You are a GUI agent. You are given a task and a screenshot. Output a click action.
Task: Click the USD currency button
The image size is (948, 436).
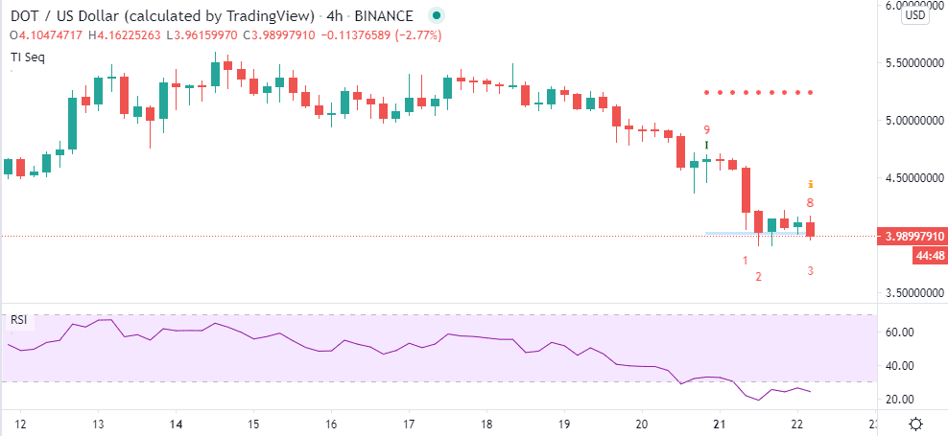(915, 15)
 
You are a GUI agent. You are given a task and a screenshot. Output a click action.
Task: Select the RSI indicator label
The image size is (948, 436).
(18, 319)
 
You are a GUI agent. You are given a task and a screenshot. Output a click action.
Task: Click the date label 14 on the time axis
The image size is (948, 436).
(176, 424)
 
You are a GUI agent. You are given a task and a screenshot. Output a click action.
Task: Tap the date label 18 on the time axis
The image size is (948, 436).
(486, 424)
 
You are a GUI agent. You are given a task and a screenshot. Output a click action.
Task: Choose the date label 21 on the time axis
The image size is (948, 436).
(720, 424)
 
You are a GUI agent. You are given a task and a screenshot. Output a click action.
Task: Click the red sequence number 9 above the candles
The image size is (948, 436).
(706, 129)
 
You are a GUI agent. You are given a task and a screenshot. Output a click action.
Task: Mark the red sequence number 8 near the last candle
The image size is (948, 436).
(810, 203)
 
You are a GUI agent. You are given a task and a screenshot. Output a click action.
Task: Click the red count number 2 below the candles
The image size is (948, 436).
(758, 277)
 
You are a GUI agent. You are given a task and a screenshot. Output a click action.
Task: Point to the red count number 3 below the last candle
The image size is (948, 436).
(810, 271)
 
